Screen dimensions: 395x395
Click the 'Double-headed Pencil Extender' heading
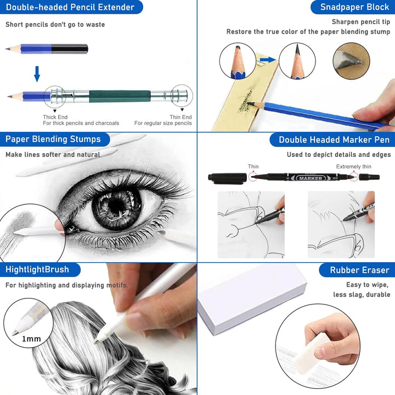point(70,7)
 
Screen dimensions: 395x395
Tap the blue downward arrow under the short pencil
point(37,74)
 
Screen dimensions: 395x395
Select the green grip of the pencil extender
point(120,96)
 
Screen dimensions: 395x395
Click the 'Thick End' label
point(55,117)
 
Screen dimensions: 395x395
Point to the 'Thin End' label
point(180,117)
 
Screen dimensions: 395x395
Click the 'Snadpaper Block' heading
point(355,7)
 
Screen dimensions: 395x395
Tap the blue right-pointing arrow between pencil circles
point(268,60)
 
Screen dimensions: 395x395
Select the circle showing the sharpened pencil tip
point(297,61)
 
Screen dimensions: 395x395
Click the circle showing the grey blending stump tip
point(352,61)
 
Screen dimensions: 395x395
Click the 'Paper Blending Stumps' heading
point(53,139)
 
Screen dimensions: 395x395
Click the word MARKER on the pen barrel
point(311,178)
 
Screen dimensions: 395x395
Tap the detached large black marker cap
point(228,178)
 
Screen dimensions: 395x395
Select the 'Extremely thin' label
point(354,167)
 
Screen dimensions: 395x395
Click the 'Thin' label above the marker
point(253,167)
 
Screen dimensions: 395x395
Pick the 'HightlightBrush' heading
point(37,269)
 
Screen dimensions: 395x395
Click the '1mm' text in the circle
point(31,339)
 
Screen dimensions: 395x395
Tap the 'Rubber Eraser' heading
point(359,270)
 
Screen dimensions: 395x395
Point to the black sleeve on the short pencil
point(70,49)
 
